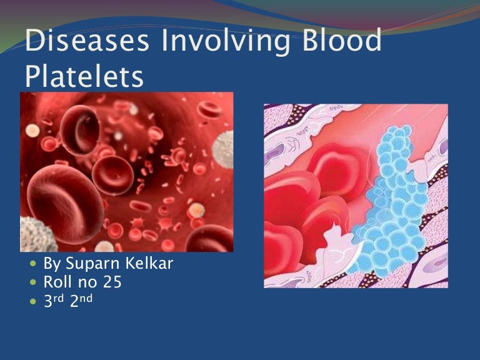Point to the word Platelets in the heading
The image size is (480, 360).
(84, 76)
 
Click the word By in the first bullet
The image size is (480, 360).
(51, 264)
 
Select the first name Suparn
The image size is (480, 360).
(91, 264)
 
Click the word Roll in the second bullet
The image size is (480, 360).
(59, 282)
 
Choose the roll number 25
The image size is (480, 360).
(113, 282)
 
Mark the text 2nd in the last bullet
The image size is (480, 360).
(81, 300)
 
